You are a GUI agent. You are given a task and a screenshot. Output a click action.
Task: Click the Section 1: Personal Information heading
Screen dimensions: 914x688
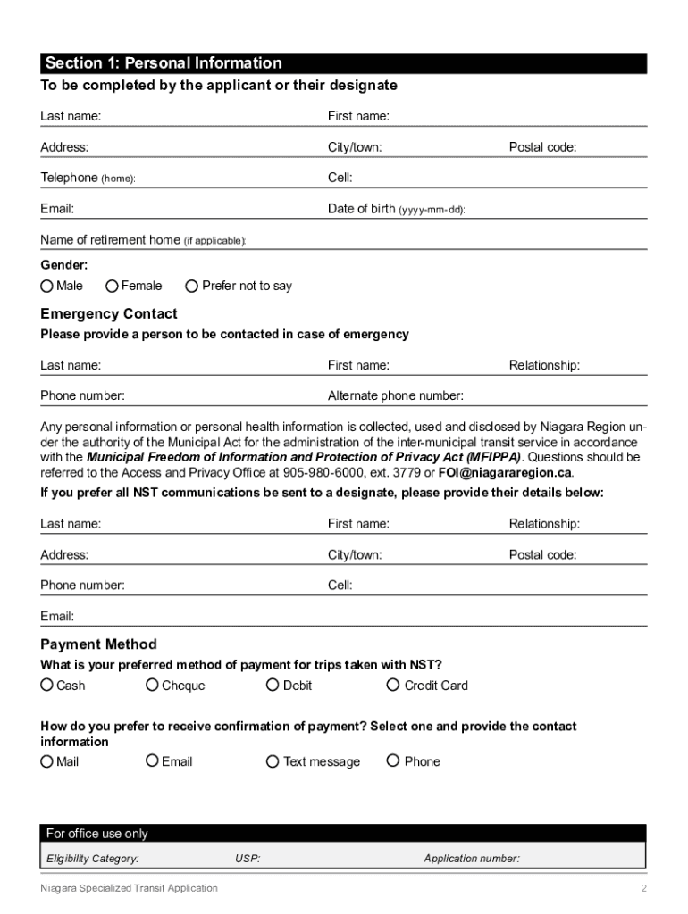coord(164,63)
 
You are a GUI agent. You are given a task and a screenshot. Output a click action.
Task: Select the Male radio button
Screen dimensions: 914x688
coord(46,287)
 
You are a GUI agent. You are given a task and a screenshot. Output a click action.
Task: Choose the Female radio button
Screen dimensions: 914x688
coord(112,287)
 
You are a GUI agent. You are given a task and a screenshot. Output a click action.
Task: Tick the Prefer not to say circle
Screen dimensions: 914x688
coord(191,287)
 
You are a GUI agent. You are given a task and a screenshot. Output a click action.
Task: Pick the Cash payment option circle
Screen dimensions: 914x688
coord(46,685)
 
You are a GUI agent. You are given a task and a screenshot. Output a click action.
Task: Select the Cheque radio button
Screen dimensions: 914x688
coord(153,685)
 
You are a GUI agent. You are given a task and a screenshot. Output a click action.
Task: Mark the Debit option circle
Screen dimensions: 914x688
coord(273,685)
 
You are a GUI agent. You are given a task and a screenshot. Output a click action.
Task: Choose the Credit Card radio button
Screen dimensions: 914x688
coord(393,685)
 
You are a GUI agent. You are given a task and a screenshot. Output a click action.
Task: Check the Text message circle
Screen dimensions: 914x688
coord(273,761)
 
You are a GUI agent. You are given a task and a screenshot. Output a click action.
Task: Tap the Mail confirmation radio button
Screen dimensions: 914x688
coord(46,761)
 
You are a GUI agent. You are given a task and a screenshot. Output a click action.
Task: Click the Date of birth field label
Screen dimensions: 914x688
coord(396,209)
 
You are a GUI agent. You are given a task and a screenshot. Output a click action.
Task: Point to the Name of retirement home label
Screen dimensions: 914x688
coord(143,240)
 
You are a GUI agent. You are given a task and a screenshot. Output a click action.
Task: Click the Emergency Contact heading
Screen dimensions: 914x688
coord(109,314)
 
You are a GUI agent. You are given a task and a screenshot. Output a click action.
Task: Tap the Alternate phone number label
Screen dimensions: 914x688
coord(395,396)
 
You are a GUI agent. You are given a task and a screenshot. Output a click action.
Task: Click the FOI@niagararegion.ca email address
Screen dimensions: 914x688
coord(505,472)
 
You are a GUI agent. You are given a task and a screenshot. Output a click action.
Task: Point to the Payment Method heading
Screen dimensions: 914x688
coord(98,644)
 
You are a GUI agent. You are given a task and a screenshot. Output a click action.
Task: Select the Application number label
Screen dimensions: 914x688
coord(472,859)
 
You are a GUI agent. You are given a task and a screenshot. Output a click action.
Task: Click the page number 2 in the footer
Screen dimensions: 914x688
coord(643,888)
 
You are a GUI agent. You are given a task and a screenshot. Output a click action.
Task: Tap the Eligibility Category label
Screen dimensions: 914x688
coord(92,859)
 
